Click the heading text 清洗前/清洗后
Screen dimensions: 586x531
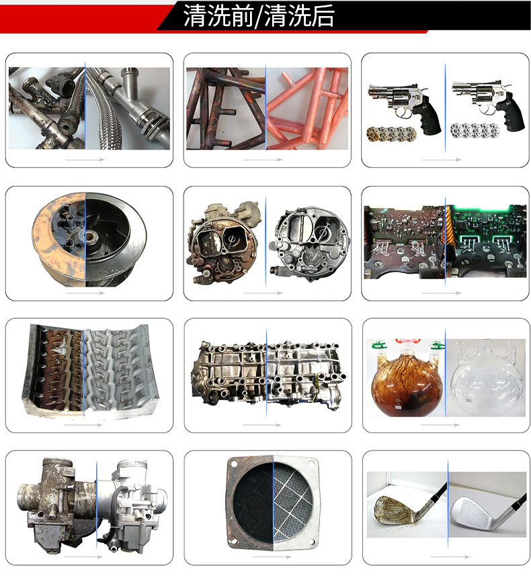coord(259,17)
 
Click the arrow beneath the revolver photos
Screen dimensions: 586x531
coord(442,160)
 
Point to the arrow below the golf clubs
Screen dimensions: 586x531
coord(442,556)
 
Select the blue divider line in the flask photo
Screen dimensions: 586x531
coord(444,376)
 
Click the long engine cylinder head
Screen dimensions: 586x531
coord(268,374)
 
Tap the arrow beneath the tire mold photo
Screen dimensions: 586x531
coord(85,425)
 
